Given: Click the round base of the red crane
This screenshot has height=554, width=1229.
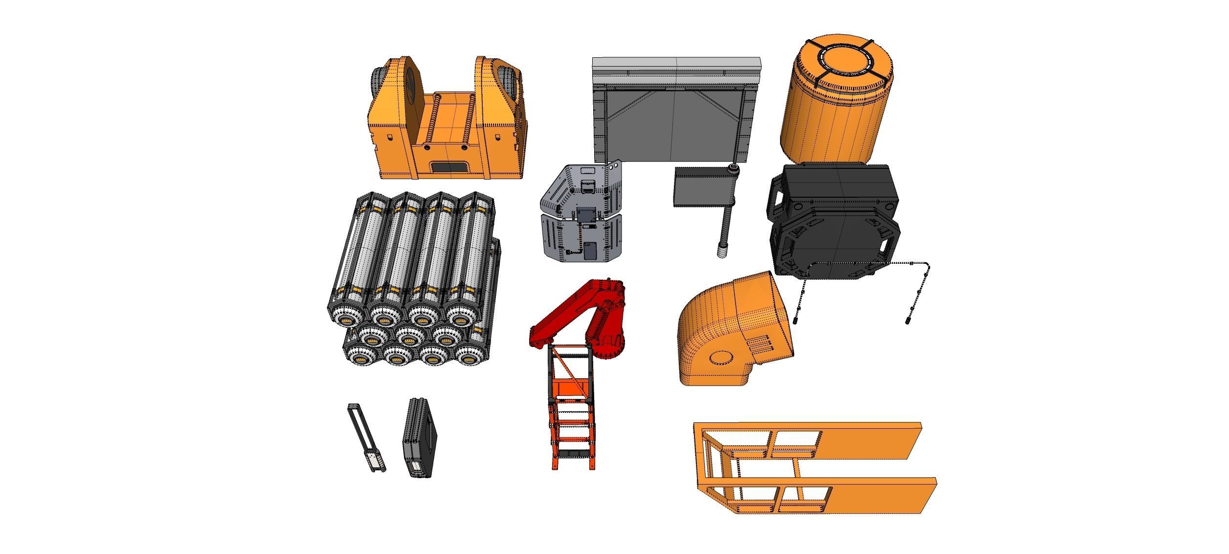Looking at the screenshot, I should coord(609,350).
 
